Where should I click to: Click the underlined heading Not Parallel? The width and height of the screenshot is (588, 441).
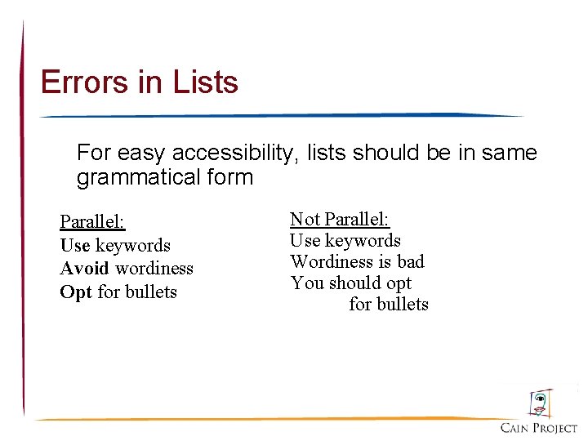(x=341, y=219)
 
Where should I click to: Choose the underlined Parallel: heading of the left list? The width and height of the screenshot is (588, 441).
(x=92, y=222)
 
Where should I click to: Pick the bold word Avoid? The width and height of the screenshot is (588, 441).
(x=84, y=268)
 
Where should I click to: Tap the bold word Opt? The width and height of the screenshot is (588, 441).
(x=76, y=292)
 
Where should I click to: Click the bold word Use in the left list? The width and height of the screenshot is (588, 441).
(x=75, y=245)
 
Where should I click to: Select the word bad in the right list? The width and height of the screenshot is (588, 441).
(x=410, y=262)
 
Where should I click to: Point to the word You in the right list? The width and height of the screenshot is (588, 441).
(x=307, y=283)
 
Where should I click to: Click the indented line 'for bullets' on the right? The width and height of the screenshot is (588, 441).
(x=389, y=305)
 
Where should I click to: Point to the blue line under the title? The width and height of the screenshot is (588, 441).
(x=278, y=116)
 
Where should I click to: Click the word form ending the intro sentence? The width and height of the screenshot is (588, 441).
(x=230, y=177)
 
